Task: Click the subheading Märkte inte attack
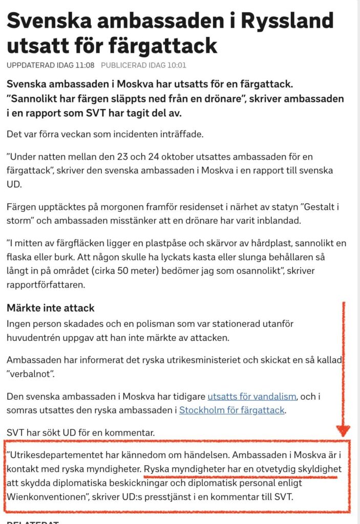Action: point(50,309)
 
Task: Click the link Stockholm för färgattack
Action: point(231,410)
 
